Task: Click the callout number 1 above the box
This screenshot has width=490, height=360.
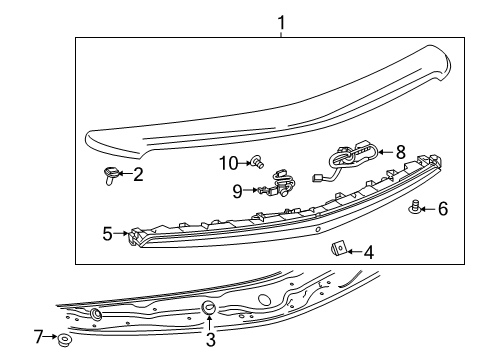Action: [281, 20]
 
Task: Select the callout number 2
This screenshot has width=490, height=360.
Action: [138, 175]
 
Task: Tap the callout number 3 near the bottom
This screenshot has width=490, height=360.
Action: [210, 340]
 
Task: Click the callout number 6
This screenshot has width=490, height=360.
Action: [443, 208]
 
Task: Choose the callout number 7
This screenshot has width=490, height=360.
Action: [39, 337]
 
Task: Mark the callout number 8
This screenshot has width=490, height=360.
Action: [401, 153]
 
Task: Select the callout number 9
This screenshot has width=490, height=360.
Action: [238, 190]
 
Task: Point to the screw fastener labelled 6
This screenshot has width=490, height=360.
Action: [414, 207]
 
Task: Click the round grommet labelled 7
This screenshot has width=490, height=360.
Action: [64, 341]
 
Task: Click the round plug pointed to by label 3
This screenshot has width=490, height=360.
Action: [209, 307]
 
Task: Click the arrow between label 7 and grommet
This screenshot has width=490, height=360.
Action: [52, 338]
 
